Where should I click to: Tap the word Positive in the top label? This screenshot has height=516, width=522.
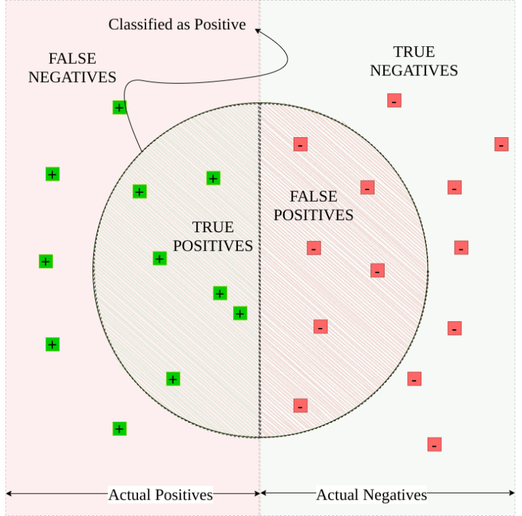tap(220, 25)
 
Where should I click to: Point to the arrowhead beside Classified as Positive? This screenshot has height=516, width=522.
tap(258, 29)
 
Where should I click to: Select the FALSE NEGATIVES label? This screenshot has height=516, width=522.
tap(72, 68)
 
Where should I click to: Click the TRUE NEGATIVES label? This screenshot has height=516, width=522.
tap(414, 61)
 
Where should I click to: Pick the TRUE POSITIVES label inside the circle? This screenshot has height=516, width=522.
tap(213, 236)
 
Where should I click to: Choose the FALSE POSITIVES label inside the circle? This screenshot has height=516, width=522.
tap(313, 206)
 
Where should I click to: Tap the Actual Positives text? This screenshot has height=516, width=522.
tap(160, 494)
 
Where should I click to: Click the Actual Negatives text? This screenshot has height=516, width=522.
tap(371, 495)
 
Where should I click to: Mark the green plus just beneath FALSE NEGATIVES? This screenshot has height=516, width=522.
tap(120, 107)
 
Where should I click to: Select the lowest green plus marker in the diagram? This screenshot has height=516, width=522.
tap(120, 428)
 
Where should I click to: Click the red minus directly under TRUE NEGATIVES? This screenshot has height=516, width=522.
tap(394, 100)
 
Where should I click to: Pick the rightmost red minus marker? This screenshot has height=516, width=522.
tap(502, 144)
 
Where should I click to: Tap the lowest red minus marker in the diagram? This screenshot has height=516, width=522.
tap(434, 445)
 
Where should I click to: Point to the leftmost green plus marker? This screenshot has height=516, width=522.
tap(46, 261)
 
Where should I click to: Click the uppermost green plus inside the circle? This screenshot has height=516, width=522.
tap(213, 179)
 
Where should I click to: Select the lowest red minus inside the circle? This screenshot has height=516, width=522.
tap(300, 405)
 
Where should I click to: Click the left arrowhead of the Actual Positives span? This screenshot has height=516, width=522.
tap(8, 494)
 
